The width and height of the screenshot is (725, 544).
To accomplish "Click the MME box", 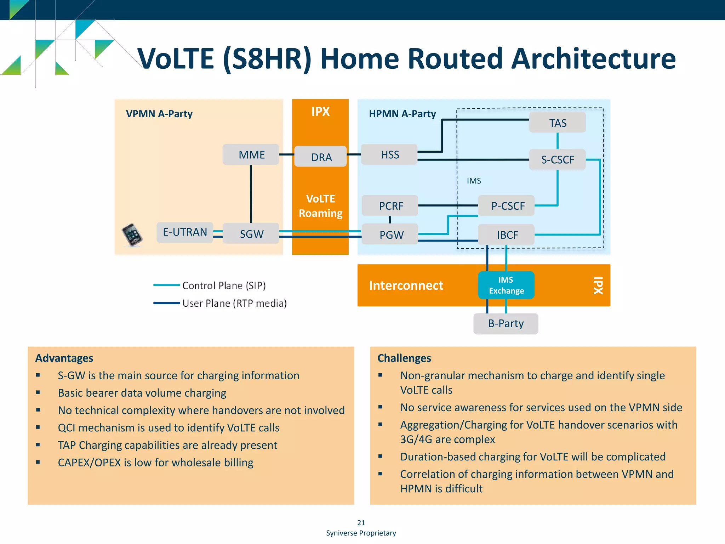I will pos(251,154).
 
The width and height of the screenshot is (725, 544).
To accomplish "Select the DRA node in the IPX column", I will pos(321,157).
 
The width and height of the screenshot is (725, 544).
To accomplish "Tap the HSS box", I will pos(389,154).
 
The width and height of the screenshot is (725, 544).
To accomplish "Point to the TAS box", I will pos(557,123).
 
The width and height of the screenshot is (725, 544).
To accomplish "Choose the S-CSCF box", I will pos(557,160).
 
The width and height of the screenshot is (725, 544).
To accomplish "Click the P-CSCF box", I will pos(507,206).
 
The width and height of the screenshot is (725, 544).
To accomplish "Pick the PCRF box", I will pos(390,206).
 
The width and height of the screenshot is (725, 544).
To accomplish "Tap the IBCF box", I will pos(507,234).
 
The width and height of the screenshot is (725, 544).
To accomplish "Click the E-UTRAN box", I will pos(185,232).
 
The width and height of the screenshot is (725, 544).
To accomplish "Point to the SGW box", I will pos(251,234).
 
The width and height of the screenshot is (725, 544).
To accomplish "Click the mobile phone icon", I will pos(132,235).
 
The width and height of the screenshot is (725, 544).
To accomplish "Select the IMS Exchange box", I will pos(506,285).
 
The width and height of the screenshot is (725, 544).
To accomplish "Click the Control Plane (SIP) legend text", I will pos(224,285).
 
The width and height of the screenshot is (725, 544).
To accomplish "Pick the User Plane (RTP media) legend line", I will pos(166,303).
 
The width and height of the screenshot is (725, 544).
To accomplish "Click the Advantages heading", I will pos(64,358).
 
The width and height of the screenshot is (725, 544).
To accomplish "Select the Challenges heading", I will pos(404,358).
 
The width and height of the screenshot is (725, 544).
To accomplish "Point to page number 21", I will pos(361,522).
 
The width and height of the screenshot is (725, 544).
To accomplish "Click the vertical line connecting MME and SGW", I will pos(251,194).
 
